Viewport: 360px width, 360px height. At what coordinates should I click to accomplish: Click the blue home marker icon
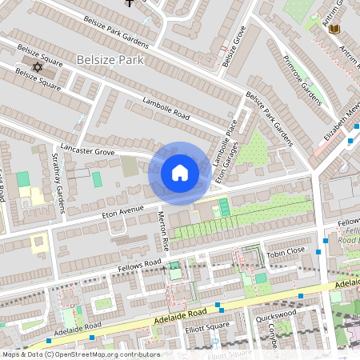point(180,172)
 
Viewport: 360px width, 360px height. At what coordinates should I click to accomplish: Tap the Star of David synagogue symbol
point(36,66)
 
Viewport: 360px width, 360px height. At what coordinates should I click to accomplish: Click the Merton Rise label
point(162,229)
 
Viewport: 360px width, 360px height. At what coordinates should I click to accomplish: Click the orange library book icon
point(334,30)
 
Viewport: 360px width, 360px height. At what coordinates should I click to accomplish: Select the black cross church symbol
point(129,3)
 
